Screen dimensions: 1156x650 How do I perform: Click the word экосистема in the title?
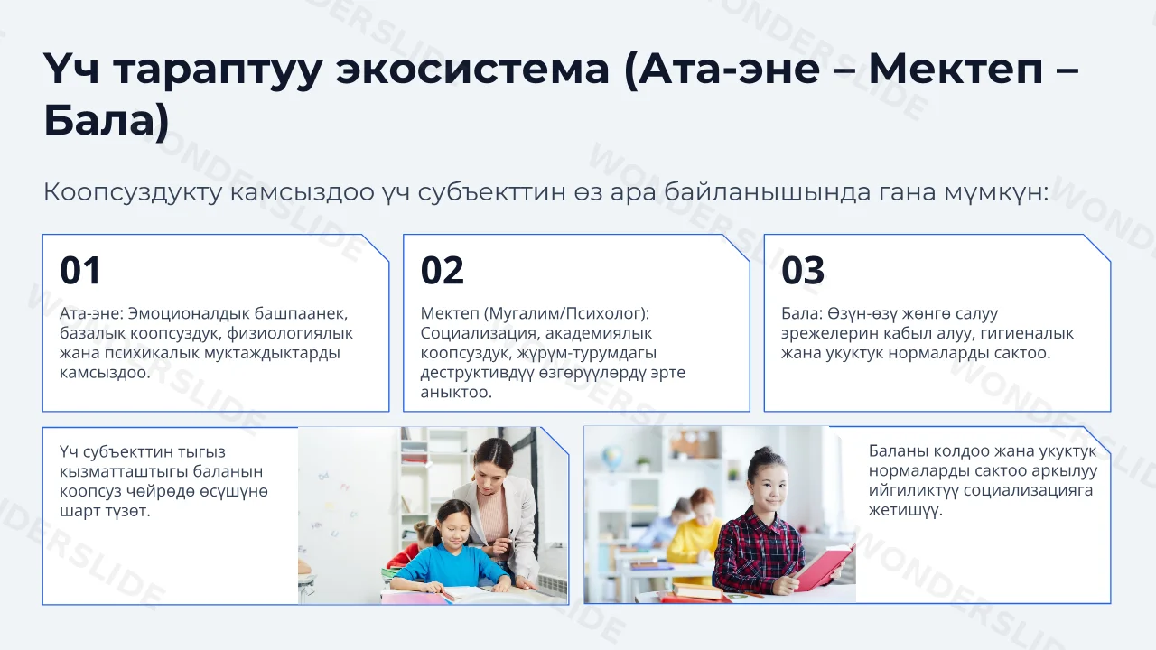472,69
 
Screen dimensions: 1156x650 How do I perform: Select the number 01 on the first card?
80,270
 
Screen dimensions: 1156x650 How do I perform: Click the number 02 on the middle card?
443,270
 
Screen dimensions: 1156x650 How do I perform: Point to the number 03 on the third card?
803,270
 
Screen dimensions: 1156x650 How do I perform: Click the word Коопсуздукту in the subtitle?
133,192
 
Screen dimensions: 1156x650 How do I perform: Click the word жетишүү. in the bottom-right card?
906,510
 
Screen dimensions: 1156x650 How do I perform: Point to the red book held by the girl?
822,566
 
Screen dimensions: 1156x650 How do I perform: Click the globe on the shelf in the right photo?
612,457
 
